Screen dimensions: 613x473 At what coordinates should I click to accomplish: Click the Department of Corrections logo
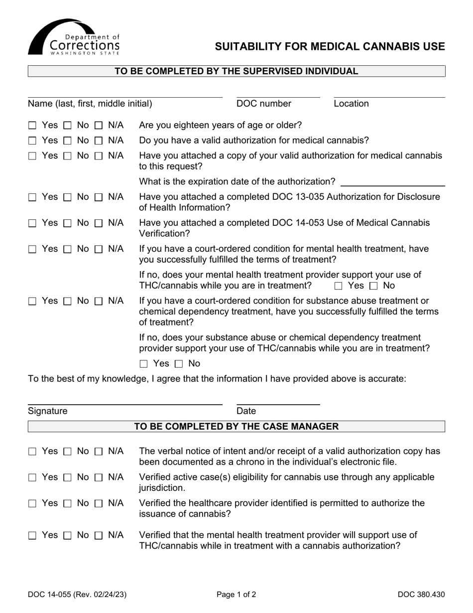tap(74, 38)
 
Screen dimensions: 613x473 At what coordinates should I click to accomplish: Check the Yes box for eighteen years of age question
tap(32, 126)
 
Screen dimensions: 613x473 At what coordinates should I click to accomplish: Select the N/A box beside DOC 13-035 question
tap(99, 197)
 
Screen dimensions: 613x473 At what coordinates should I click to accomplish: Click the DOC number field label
tap(264, 104)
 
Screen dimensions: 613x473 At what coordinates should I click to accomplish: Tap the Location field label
tap(351, 104)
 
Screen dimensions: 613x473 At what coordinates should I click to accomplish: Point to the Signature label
tap(48, 411)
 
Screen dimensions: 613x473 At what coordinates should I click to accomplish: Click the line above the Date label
tap(278, 404)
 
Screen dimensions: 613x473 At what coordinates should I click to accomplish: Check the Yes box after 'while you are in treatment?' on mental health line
tap(339, 286)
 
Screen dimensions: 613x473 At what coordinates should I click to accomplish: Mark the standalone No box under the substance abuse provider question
tap(179, 364)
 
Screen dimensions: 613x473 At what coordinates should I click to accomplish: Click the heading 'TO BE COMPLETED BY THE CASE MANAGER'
tap(236, 427)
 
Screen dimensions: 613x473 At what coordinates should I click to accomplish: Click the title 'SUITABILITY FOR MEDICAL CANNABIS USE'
tap(330, 47)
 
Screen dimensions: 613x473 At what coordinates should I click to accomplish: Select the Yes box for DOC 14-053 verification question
tap(32, 223)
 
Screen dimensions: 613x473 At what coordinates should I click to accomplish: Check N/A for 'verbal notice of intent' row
tap(99, 452)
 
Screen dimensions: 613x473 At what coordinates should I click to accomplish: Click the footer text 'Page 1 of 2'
tap(236, 594)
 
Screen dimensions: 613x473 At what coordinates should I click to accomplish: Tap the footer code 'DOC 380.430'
tap(421, 594)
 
